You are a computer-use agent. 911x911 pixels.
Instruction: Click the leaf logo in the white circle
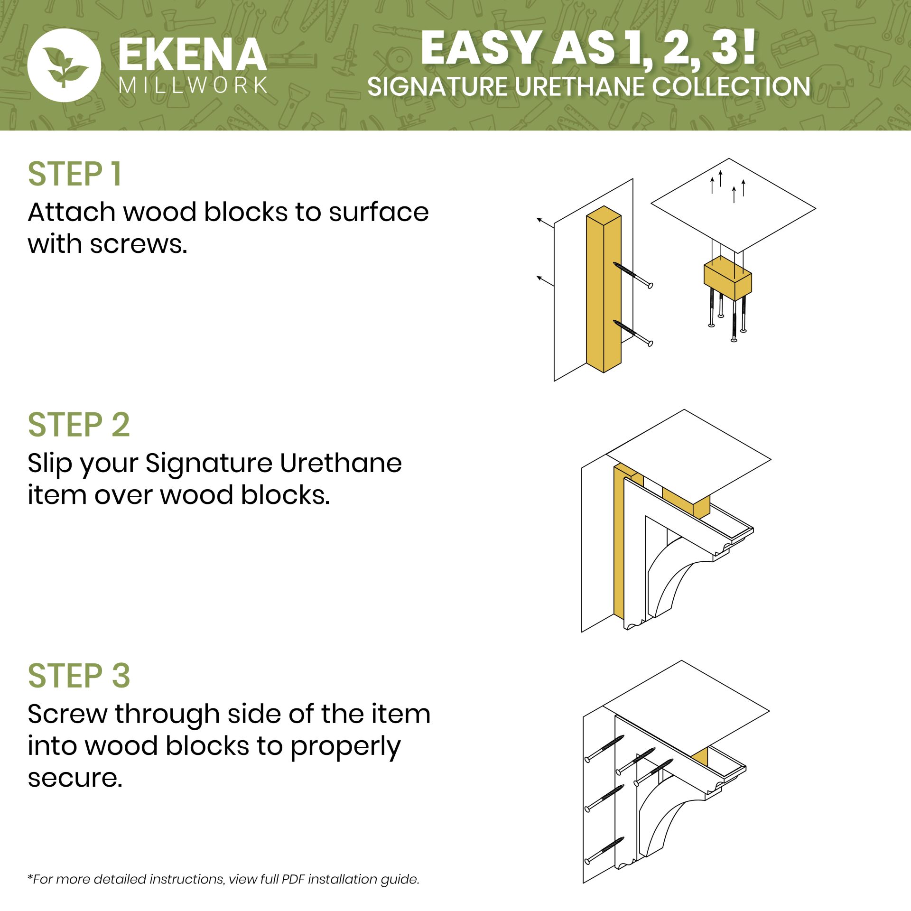pos(64,66)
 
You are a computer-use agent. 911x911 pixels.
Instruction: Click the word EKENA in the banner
pos(192,55)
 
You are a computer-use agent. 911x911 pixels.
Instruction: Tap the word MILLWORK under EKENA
pos(193,85)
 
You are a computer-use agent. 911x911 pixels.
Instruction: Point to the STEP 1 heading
pos(75,174)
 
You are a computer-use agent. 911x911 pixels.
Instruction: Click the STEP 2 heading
pos(79,425)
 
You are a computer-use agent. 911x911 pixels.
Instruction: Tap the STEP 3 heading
pos(79,676)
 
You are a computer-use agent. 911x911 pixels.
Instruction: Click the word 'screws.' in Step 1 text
pos(139,245)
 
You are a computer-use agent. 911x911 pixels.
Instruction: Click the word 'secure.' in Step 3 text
pos(75,778)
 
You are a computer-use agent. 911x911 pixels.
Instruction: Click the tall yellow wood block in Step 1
pos(604,289)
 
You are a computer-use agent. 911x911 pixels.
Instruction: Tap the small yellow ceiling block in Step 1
pos(727,278)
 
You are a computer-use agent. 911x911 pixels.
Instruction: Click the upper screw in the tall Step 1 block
pos(633,275)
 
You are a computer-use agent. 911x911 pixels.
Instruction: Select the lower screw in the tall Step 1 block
pos(633,333)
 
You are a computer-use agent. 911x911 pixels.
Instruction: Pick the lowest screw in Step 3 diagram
pos(604,851)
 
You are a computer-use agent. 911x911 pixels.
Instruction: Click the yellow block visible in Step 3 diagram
pos(700,757)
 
